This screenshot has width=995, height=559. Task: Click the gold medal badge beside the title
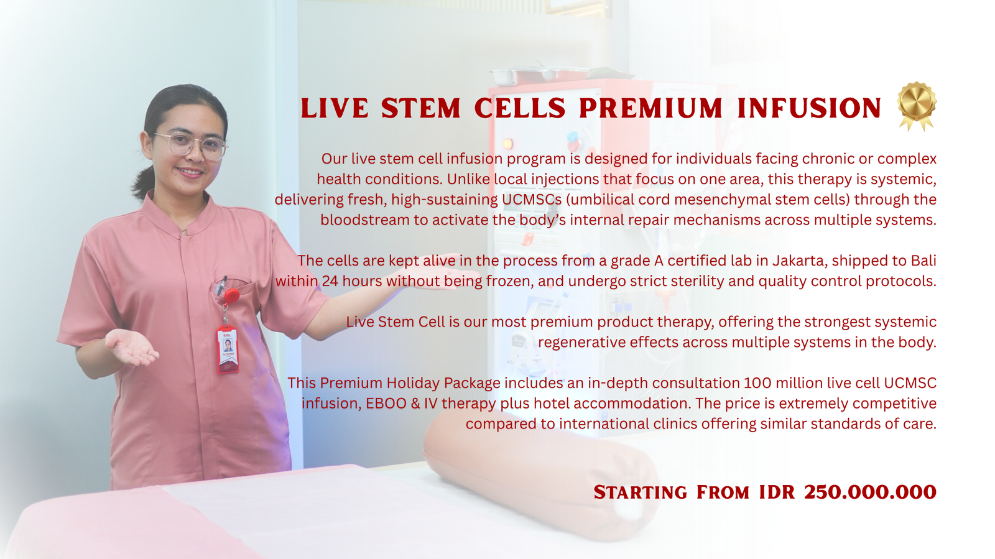click(917, 106)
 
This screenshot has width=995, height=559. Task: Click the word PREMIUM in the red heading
click(650, 108)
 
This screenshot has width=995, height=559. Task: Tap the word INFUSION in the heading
click(809, 108)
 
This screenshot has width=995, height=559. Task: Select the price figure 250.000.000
click(870, 492)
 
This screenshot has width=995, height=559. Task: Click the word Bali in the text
click(923, 260)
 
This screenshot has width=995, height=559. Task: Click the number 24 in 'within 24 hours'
click(330, 281)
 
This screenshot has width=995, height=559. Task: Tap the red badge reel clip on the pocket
click(231, 296)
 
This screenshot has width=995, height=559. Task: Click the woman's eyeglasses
click(192, 145)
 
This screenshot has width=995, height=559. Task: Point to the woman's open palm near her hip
click(132, 348)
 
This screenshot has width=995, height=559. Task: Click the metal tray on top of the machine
click(540, 75)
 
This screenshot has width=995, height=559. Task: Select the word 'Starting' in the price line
click(640, 492)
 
